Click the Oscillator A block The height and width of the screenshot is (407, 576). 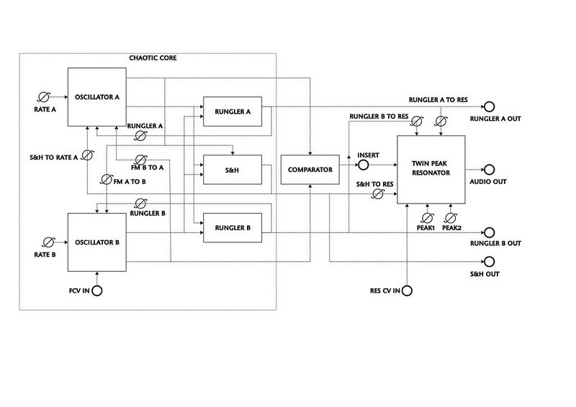point(97,97)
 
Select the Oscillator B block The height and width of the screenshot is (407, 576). point(97,242)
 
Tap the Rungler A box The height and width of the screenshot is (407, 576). point(233,111)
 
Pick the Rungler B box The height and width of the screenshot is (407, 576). point(233,227)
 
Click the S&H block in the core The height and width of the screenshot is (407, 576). point(233,170)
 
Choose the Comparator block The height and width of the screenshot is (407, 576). point(310,170)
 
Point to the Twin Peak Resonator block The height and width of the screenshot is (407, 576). point(431,169)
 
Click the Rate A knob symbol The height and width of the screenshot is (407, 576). point(44,97)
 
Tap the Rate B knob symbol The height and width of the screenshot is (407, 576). point(48,242)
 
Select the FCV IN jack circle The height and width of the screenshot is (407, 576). point(97,291)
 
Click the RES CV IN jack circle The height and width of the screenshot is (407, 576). point(407,291)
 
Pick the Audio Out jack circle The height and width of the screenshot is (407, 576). point(489,170)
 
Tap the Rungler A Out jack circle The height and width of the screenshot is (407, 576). point(489,107)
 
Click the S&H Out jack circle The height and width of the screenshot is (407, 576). point(489,262)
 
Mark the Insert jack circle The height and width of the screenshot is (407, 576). point(363,165)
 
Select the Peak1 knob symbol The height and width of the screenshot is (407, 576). point(426,218)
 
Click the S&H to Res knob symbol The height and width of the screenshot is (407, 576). point(377,193)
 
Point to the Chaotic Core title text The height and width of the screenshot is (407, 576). point(153,58)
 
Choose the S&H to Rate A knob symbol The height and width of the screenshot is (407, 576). point(86,155)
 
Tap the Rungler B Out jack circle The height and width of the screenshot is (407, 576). point(489,232)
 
